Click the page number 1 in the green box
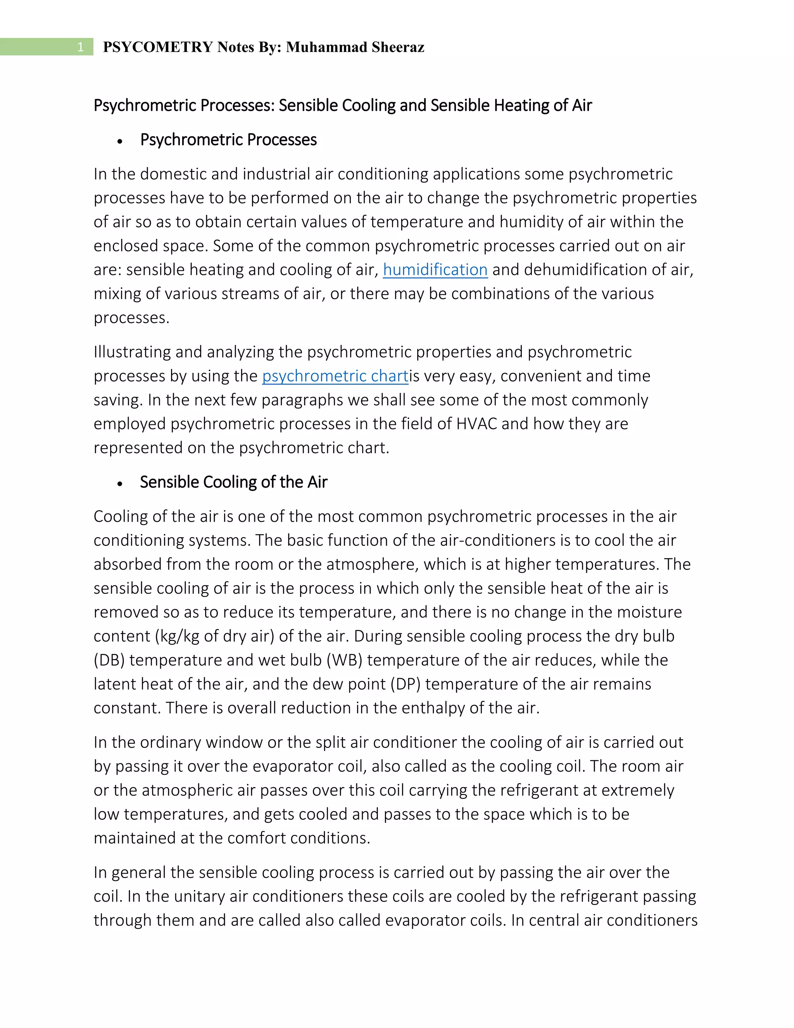[80, 47]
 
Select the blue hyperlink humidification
[435, 270]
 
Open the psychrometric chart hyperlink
[335, 376]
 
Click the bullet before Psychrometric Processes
[121, 141]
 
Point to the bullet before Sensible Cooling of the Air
[121, 483]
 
